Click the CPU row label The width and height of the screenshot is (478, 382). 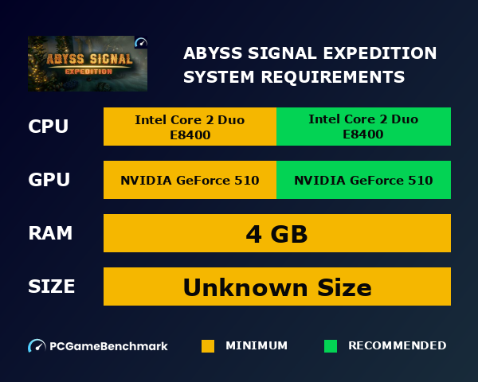point(49,127)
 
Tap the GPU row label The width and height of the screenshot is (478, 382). point(49,180)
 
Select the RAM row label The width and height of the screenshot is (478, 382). point(50,233)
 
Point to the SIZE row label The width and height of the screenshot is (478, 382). point(52,286)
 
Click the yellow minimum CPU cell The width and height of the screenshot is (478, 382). point(190,127)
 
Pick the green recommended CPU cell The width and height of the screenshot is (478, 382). point(363,127)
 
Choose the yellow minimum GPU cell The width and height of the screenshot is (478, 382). point(190,180)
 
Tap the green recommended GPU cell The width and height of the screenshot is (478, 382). point(363,180)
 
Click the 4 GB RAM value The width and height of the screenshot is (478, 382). point(276,234)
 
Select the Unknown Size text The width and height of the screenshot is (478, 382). point(276,286)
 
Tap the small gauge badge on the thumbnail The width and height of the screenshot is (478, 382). point(141,43)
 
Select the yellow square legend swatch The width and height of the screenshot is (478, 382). point(208,346)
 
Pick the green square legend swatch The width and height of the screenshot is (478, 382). point(331,346)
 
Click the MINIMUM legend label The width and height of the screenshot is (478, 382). point(257,346)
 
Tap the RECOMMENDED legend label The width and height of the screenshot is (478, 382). point(397,346)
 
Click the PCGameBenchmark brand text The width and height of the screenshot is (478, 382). point(108,346)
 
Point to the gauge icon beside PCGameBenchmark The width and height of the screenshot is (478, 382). point(37,346)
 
